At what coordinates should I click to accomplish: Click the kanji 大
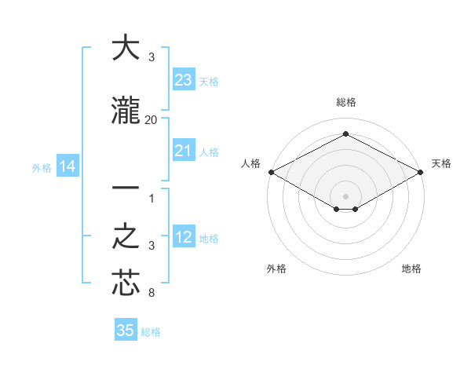pyautogui.click(x=126, y=48)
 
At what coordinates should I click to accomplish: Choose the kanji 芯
pyautogui.click(x=126, y=283)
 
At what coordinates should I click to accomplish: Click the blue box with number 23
pyautogui.click(x=184, y=80)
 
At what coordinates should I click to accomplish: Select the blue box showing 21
pyautogui.click(x=184, y=151)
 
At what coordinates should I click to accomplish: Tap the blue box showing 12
pyautogui.click(x=184, y=237)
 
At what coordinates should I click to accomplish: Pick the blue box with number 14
pyautogui.click(x=67, y=166)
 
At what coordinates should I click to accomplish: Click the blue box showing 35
pyautogui.click(x=126, y=331)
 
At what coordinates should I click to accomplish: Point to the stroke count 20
pyautogui.click(x=152, y=119)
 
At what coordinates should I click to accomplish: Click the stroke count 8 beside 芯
pyautogui.click(x=152, y=294)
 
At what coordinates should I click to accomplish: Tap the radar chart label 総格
pyautogui.click(x=345, y=102)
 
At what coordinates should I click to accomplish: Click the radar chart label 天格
pyautogui.click(x=441, y=163)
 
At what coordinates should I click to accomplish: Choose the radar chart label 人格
pyautogui.click(x=250, y=163)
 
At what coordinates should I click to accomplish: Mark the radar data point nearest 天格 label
pyautogui.click(x=422, y=171)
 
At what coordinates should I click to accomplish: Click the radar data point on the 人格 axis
pyautogui.click(x=270, y=171)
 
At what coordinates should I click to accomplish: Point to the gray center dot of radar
pyautogui.click(x=345, y=195)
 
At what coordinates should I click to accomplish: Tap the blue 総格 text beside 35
pyautogui.click(x=151, y=332)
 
